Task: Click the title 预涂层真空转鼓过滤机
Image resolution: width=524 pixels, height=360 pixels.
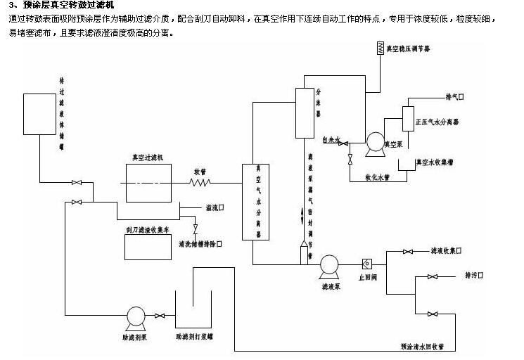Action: click(x=68, y=6)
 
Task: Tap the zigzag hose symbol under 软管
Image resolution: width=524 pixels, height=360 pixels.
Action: click(x=200, y=182)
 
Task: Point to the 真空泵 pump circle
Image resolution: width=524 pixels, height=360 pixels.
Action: click(x=375, y=142)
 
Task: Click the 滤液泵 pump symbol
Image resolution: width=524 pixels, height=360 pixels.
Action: click(x=328, y=265)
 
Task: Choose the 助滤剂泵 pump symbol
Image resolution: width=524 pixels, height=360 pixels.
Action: click(x=135, y=316)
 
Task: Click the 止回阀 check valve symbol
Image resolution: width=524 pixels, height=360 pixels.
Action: click(x=366, y=264)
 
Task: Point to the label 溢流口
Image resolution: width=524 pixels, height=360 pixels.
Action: click(x=215, y=207)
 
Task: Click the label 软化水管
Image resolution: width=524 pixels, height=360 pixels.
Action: click(x=378, y=177)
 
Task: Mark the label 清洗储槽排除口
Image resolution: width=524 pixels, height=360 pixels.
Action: click(x=200, y=244)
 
